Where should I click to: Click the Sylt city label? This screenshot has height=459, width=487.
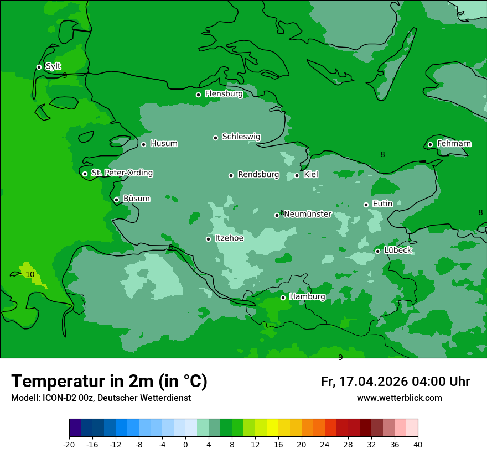click(x=53, y=66)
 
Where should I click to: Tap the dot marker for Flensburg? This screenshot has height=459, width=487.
click(x=198, y=95)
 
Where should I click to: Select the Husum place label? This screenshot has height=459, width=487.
click(x=164, y=144)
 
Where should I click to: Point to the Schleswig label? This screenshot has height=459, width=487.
click(x=241, y=137)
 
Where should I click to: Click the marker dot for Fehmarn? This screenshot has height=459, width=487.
click(x=430, y=144)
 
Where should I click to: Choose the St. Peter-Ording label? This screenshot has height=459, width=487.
click(x=122, y=173)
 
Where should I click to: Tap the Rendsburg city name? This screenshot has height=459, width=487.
click(x=258, y=175)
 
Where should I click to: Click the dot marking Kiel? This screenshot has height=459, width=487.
click(x=297, y=175)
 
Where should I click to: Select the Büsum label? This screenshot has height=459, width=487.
click(x=136, y=199)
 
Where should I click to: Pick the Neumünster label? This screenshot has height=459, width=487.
click(x=308, y=214)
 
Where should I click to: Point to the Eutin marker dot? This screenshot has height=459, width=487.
click(x=366, y=205)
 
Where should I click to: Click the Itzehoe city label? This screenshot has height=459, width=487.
click(x=229, y=238)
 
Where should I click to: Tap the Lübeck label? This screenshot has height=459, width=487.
click(x=397, y=250)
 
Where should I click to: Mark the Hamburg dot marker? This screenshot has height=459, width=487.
click(x=283, y=298)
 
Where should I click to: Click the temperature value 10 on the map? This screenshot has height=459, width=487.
click(x=30, y=274)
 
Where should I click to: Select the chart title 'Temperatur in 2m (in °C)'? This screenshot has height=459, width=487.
click(x=109, y=381)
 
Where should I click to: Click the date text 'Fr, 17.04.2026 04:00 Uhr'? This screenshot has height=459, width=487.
click(x=395, y=382)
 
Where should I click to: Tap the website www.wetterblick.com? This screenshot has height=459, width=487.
click(x=399, y=398)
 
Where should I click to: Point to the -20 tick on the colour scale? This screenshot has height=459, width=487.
click(x=69, y=445)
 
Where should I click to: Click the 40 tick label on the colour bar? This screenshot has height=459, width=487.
click(x=417, y=445)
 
